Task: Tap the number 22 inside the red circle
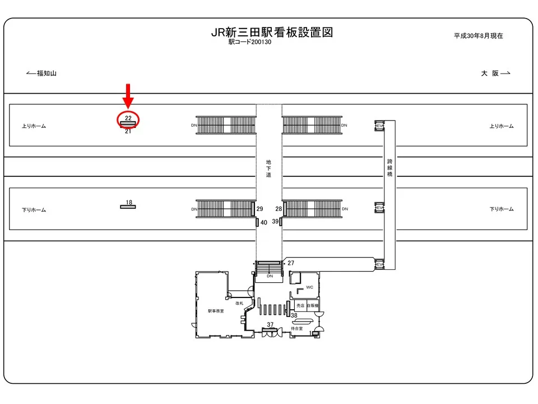coord(128,118)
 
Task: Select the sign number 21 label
coord(128,131)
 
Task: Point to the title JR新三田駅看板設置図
coord(272,32)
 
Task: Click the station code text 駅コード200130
coord(249,42)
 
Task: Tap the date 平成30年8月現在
coord(478,35)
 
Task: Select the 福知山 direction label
coord(47,73)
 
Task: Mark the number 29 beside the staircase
coord(259,209)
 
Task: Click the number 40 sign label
coord(264,222)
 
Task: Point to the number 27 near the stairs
coord(291,263)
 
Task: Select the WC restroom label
coord(309,287)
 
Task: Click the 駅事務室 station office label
coord(216,310)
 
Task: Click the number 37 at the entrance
coord(270,325)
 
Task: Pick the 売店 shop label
coord(300,306)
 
